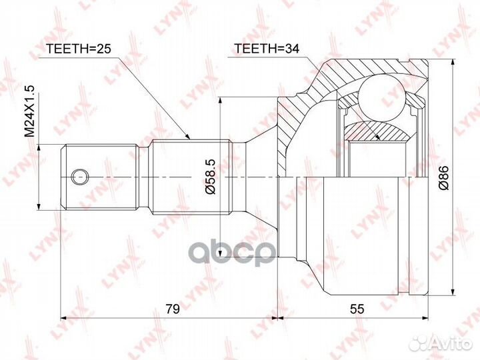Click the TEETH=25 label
(x=79, y=49)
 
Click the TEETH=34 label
(x=266, y=49)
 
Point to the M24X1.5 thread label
(x=30, y=111)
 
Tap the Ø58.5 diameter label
(x=210, y=177)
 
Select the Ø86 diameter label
(x=444, y=177)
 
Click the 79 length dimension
(x=173, y=309)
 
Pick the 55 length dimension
(x=357, y=309)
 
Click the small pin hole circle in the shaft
(x=79, y=177)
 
